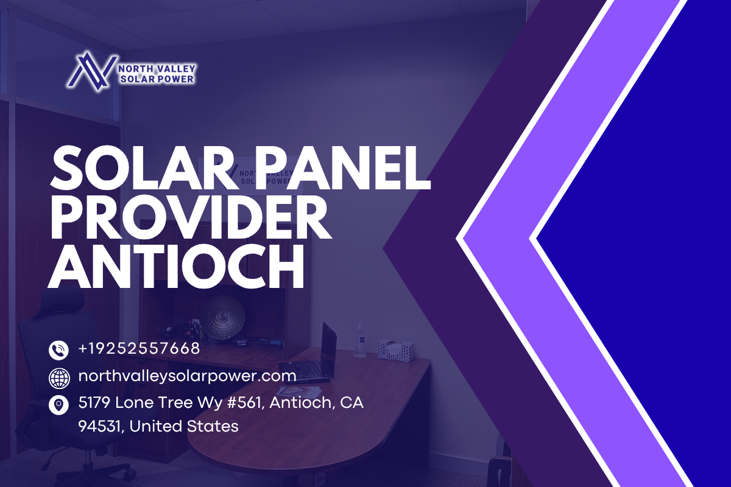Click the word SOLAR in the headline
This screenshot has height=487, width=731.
[144, 167]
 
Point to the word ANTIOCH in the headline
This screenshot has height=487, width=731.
[177, 267]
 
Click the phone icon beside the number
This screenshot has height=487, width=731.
[58, 350]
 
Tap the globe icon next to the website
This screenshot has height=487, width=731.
[59, 378]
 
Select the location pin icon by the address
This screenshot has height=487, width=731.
[58, 405]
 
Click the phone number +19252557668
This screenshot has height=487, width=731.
[139, 348]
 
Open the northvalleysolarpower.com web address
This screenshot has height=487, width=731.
[188, 376]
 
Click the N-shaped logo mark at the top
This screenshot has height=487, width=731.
[92, 71]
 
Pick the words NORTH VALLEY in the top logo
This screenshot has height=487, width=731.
[157, 69]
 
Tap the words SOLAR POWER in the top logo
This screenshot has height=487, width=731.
[157, 79]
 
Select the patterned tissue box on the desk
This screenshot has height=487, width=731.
[396, 350]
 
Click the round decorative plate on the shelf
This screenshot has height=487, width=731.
[222, 317]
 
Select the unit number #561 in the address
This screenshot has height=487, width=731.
[248, 403]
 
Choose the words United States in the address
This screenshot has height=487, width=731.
[184, 426]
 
